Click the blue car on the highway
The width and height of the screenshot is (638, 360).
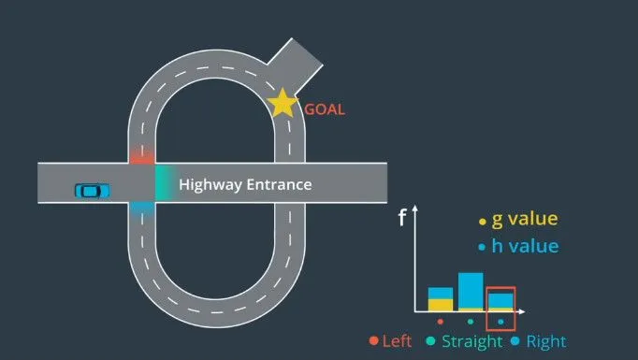[x=93, y=191]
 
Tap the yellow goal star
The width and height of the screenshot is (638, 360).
[x=282, y=103]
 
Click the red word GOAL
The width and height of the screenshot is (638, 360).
[x=325, y=109]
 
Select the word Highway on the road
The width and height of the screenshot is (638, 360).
[x=210, y=185]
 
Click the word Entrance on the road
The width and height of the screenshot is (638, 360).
[x=279, y=185]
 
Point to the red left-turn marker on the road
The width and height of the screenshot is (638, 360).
[x=142, y=157]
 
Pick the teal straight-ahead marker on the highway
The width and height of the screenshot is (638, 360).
[x=165, y=182]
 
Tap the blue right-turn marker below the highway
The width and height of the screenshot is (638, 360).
[x=142, y=209]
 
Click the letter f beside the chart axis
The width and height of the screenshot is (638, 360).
[x=402, y=217]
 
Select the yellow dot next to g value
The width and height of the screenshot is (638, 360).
[x=483, y=222]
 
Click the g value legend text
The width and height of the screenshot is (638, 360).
[x=525, y=219]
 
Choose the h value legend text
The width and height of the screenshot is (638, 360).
[x=525, y=246]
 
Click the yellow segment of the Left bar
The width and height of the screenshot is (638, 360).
[x=441, y=305]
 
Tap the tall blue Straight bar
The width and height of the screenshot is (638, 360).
[x=471, y=291]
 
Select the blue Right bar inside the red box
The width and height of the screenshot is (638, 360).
[x=500, y=301]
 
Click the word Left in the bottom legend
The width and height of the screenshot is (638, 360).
[x=397, y=341]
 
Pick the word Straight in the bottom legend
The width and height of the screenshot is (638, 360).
[x=472, y=341]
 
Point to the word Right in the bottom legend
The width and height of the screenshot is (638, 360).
[x=546, y=341]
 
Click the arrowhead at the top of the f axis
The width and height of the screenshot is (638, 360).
[x=415, y=208]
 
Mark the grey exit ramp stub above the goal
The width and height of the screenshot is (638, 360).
[x=295, y=65]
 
